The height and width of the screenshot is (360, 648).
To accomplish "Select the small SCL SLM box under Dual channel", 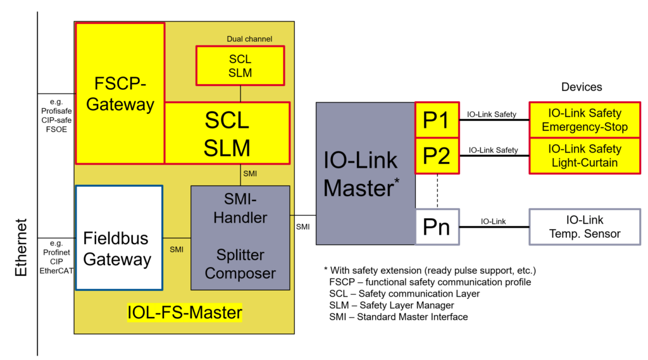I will tap(240, 66).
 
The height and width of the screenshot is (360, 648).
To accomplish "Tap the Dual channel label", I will tap(249, 39).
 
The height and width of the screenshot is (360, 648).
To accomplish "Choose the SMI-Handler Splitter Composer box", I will tap(240, 237).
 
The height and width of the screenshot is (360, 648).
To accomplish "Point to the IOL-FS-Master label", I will tap(185, 313).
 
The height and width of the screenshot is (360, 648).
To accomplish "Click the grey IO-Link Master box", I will tap(365, 173).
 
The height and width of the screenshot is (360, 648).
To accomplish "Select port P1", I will tap(436, 120).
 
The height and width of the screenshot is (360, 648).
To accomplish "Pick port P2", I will tap(436, 155).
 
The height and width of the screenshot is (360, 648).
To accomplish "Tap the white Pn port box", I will tap(436, 227).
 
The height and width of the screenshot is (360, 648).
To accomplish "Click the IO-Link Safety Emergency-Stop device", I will tap(585, 120).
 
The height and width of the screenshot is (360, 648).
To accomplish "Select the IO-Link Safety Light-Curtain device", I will tap(585, 155).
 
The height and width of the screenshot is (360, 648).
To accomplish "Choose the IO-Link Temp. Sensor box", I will tap(585, 227).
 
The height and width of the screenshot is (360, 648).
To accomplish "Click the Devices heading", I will tap(582, 87).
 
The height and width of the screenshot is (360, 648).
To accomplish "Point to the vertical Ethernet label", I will tap(22, 247).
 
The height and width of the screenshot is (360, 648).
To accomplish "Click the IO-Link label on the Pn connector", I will tap(493, 221).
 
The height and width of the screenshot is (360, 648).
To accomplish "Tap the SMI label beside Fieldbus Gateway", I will tap(177, 249).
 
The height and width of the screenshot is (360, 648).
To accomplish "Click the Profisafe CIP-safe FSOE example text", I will tap(56, 115).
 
